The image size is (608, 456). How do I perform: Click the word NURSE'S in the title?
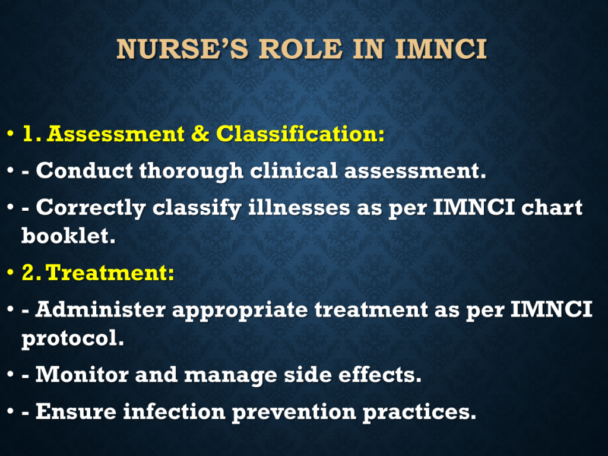182,49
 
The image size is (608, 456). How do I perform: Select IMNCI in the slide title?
441,49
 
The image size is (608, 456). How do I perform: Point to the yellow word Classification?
300,134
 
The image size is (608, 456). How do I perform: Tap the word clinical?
294,170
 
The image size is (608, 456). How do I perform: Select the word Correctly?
91,208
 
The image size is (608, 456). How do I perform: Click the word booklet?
68,235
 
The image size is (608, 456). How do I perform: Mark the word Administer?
100,309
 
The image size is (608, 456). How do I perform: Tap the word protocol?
72,338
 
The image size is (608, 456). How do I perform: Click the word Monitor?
82,375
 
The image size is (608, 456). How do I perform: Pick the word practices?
419,412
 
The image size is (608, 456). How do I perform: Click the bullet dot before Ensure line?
11,411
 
